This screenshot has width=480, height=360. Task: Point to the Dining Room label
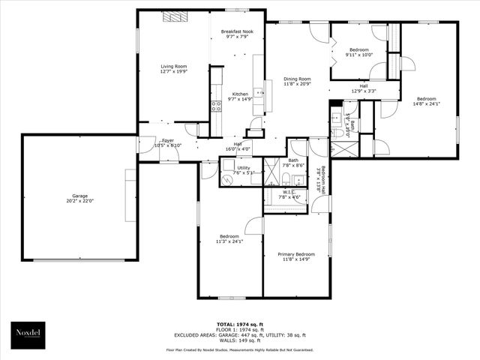pyautogui.click(x=297, y=82)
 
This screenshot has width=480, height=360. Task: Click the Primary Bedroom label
pyautogui.click(x=295, y=257)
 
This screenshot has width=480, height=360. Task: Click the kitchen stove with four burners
pyautogui.click(x=216, y=106)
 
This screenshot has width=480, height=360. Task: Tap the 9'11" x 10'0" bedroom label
pyautogui.click(x=358, y=52)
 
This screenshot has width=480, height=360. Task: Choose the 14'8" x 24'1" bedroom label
pyautogui.click(x=426, y=101)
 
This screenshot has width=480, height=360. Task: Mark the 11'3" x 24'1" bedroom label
pyautogui.click(x=229, y=238)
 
